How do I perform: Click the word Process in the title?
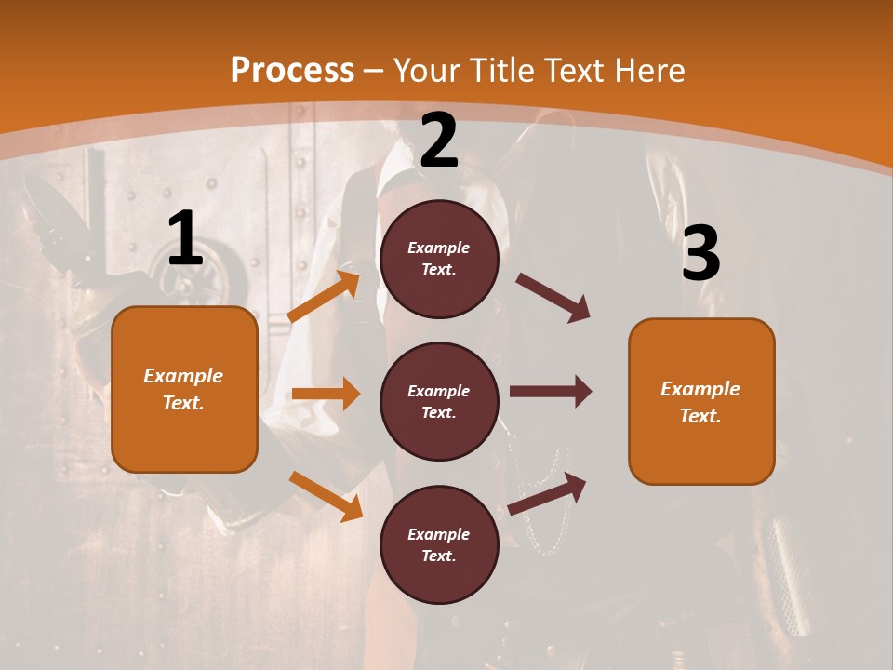pyautogui.click(x=292, y=71)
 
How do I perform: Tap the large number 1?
pyautogui.click(x=185, y=239)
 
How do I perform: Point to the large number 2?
pyautogui.click(x=439, y=141)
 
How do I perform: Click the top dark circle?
pyautogui.click(x=439, y=259)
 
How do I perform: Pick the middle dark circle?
pyautogui.click(x=439, y=401)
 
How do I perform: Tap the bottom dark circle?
pyautogui.click(x=439, y=544)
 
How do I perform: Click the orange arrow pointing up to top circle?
pyautogui.click(x=324, y=297)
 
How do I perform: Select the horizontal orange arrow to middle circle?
pyautogui.click(x=326, y=394)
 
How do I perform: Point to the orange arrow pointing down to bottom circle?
pyautogui.click(x=326, y=496)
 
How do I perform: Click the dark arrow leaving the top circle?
pyautogui.click(x=553, y=298)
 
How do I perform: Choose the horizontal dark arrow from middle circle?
pyautogui.click(x=550, y=391)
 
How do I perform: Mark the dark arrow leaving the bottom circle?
pyautogui.click(x=547, y=493)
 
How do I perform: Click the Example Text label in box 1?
pyautogui.click(x=183, y=389)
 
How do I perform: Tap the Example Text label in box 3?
pyautogui.click(x=700, y=402)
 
